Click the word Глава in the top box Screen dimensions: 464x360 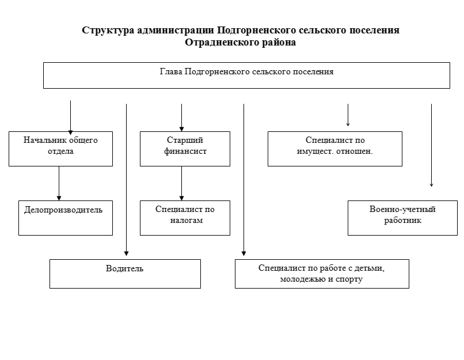(171, 71)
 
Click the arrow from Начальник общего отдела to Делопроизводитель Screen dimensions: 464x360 (59, 183)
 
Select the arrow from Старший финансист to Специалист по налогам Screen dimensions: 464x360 (182, 183)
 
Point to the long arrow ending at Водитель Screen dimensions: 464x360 (126, 180)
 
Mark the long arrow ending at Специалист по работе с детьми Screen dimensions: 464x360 (244, 180)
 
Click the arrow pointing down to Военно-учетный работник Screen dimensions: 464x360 (431, 145)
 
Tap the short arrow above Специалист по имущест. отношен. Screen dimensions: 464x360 (348, 115)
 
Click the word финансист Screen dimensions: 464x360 (185, 151)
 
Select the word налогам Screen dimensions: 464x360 (187, 221)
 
